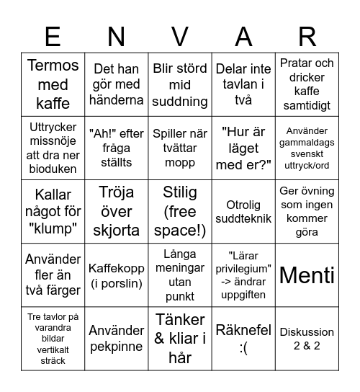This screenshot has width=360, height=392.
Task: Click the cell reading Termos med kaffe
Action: click(53, 84)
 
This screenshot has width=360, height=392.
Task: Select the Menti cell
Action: click(307, 275)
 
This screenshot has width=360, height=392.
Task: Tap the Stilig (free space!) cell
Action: click(180, 211)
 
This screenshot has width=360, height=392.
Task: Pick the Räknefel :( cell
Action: click(243, 339)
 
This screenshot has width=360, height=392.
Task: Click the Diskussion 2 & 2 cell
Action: click(307, 339)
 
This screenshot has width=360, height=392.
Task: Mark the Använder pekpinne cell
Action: click(116, 339)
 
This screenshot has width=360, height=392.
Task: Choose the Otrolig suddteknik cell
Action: click(243, 211)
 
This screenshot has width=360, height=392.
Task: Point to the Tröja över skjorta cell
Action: click(116, 211)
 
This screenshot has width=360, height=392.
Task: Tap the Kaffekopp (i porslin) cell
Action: click(116, 275)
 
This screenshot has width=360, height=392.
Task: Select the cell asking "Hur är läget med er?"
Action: click(243, 148)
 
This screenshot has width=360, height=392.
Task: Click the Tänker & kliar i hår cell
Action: click(180, 339)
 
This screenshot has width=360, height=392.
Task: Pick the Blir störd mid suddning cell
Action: click(180, 84)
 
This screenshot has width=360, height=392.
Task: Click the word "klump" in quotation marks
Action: click(53, 228)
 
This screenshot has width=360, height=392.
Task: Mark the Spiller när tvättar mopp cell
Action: click(180, 148)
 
